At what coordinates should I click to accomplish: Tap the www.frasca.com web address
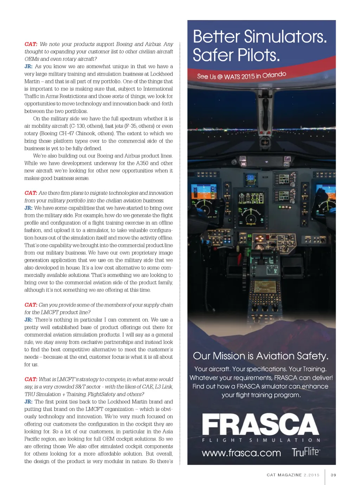point(241,453)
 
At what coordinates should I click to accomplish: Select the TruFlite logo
point(306,452)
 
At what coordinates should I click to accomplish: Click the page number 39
point(333,475)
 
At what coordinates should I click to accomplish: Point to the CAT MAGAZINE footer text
point(284,475)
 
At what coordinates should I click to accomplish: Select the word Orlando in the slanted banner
point(274,75)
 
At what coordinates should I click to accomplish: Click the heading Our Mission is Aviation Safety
point(261,356)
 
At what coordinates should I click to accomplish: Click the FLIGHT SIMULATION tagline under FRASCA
point(261,440)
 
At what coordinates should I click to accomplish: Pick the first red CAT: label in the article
point(31,44)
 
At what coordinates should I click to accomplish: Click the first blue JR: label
point(28,66)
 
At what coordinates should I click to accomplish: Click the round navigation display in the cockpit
point(251,217)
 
